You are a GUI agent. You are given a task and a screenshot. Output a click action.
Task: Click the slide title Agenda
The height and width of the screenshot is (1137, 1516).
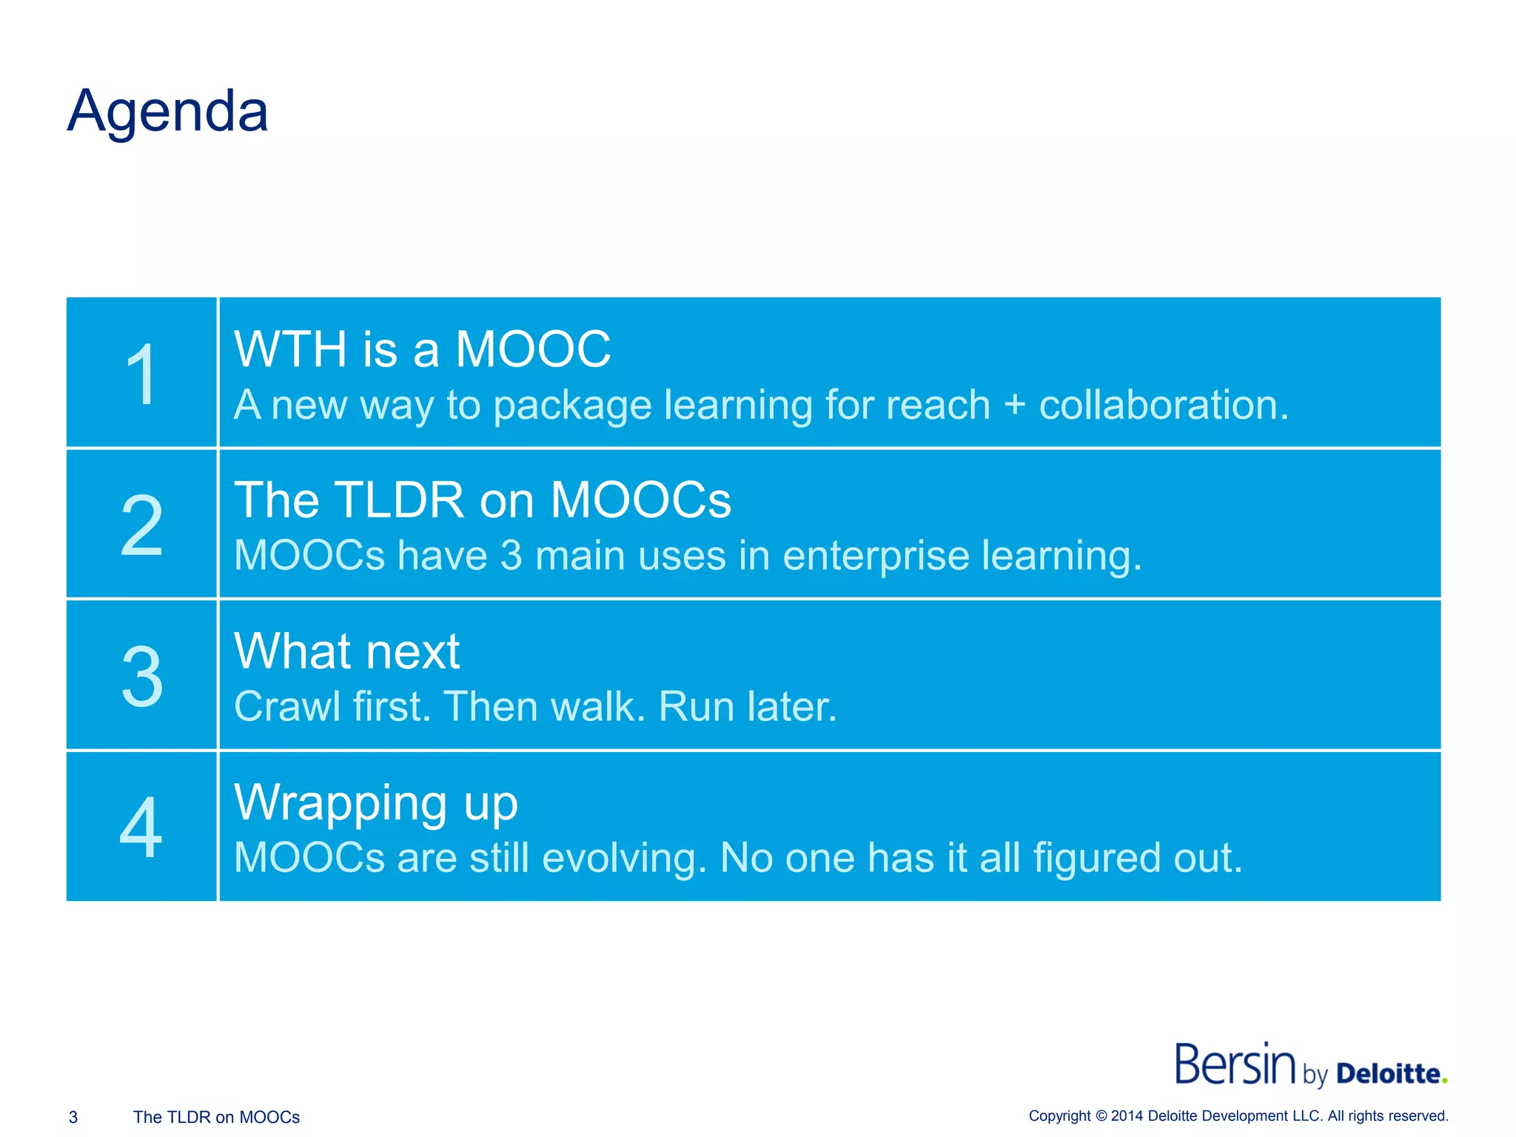(x=167, y=112)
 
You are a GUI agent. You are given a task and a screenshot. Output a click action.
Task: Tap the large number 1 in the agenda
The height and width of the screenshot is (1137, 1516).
(x=141, y=375)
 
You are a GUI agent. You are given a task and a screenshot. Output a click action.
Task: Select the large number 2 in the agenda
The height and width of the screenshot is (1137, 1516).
(x=141, y=526)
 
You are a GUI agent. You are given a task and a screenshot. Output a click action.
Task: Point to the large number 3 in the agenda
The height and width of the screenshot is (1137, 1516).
(x=141, y=677)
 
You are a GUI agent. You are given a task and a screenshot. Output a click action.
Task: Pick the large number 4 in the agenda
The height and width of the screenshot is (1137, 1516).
(x=141, y=828)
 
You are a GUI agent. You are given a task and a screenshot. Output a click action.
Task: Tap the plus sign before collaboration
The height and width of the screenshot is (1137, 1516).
(x=1014, y=406)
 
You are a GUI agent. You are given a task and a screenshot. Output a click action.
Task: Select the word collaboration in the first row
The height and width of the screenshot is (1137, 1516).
(x=1163, y=406)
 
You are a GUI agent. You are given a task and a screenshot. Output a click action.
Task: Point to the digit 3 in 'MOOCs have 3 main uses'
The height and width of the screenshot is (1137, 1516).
(x=511, y=556)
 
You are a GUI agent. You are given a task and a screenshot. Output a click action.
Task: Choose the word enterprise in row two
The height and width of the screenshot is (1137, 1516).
(x=876, y=556)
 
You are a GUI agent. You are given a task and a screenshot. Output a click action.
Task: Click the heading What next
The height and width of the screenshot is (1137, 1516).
(x=346, y=651)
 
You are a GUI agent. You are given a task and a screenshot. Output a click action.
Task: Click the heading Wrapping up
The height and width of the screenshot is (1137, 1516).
(x=376, y=804)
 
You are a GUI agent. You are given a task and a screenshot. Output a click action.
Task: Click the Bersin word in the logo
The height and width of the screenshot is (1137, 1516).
(x=1235, y=1064)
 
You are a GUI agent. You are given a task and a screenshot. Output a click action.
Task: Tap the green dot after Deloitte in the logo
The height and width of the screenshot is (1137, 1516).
(x=1444, y=1081)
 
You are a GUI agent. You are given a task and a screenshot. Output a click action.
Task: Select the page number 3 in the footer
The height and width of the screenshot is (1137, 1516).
(x=73, y=1117)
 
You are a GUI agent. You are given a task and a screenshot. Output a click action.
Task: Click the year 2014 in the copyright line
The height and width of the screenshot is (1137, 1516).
(x=1127, y=1116)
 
